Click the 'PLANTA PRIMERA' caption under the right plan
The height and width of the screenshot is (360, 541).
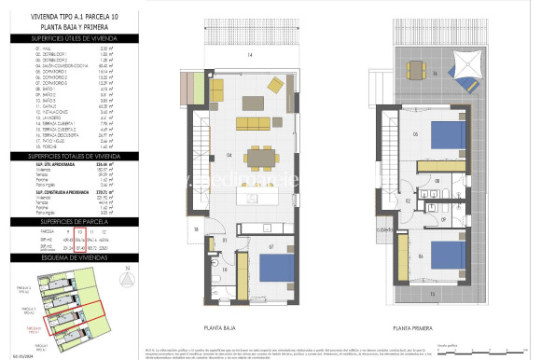[x=416, y=328]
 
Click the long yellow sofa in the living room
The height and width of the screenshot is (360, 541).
[x=253, y=123]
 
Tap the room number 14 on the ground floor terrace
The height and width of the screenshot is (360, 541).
[x=249, y=56]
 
